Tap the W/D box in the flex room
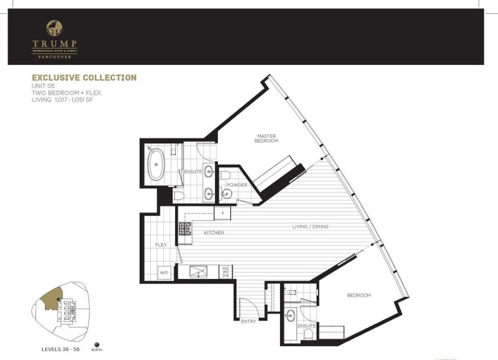[x=165, y=272]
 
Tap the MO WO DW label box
[x=225, y=271]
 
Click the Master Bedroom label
[x=267, y=138]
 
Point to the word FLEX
[x=161, y=244]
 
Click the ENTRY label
[x=248, y=321]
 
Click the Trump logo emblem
[x=53, y=28]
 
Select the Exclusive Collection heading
[x=84, y=78]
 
